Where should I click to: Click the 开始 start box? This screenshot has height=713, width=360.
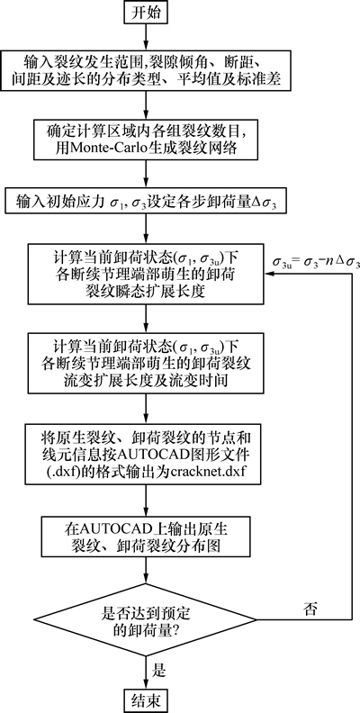tap(146, 13)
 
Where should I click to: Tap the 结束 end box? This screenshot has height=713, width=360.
tap(146, 700)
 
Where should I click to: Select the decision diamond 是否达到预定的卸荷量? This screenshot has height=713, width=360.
tap(146, 618)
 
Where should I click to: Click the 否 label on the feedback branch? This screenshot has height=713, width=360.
tap(310, 609)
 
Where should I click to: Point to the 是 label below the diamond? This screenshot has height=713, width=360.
tap(159, 671)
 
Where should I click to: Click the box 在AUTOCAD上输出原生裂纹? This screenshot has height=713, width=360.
tap(146, 537)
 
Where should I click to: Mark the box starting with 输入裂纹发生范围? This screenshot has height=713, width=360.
tap(146, 69)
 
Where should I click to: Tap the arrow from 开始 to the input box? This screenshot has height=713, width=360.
tap(146, 35)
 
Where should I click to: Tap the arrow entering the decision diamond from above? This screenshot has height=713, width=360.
tap(146, 571)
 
